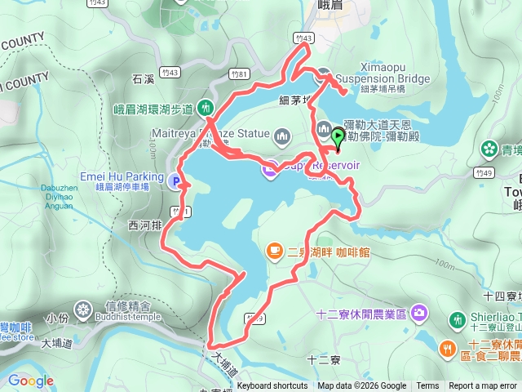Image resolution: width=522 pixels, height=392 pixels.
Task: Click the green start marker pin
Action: pyautogui.click(x=338, y=136)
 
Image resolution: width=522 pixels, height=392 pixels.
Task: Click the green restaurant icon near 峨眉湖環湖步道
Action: pyautogui.click(x=206, y=108)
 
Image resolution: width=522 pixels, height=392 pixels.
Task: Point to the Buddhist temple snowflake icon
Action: pyautogui.click(x=82, y=310)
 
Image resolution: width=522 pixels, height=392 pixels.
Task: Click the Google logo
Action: pyautogui.click(x=30, y=381)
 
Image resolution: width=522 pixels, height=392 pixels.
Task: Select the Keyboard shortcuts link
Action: pyautogui.click(x=272, y=386)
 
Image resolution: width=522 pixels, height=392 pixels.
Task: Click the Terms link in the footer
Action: pyautogui.click(x=427, y=386)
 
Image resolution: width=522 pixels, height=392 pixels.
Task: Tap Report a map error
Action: pyautogui.click(x=483, y=386)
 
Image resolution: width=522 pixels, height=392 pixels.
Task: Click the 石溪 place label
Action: pyautogui.click(x=144, y=79)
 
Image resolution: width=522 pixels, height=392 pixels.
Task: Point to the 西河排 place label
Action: pyautogui.click(x=144, y=224)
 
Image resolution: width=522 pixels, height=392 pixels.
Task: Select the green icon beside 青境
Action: pyautogui.click(x=488, y=149)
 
